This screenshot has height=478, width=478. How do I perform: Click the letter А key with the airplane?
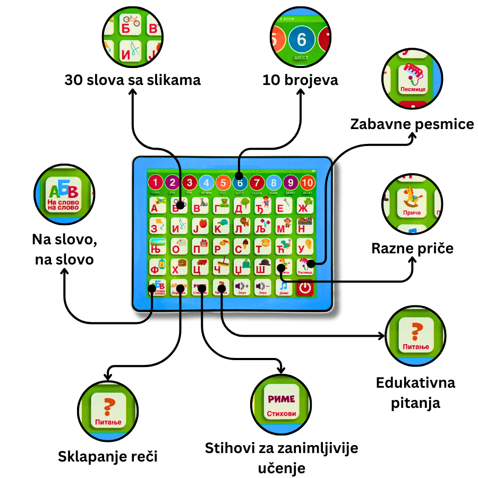(157, 205)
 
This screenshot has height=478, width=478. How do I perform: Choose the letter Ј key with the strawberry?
(200, 226)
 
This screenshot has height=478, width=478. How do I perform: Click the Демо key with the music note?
(284, 288)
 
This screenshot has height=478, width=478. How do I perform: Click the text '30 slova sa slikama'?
(133, 80)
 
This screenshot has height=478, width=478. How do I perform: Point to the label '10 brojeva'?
(300, 80)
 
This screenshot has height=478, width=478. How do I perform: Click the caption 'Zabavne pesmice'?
(412, 124)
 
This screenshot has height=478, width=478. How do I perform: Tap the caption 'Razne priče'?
(413, 248)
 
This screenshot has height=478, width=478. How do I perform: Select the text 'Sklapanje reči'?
(108, 456)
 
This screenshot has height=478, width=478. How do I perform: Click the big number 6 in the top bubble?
(302, 40)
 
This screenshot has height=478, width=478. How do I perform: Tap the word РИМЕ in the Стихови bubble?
(281, 399)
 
